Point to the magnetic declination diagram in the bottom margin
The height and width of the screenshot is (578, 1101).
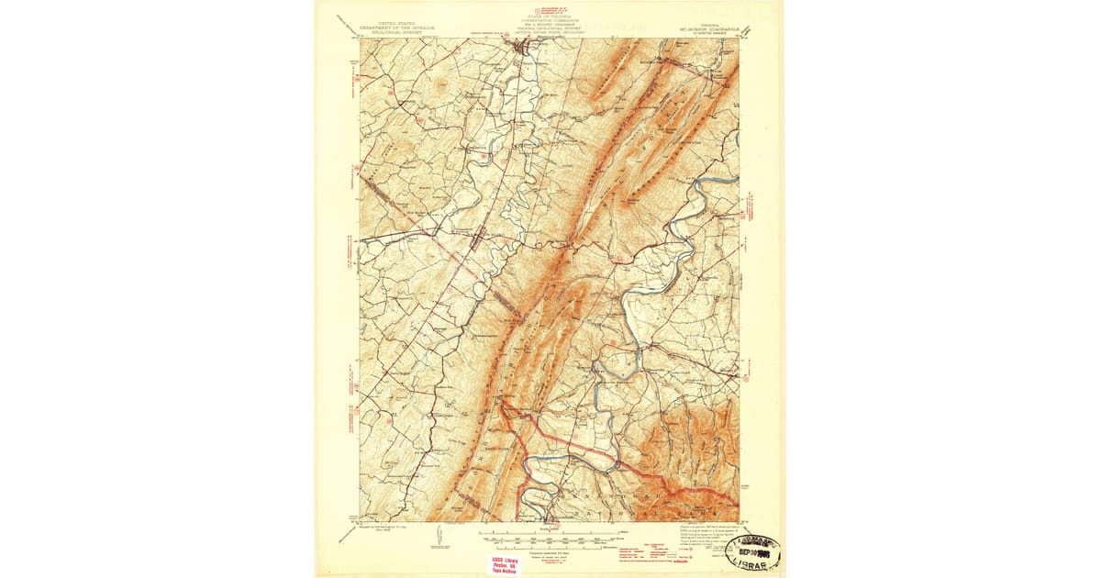point(439,535)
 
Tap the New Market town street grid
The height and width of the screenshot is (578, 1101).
point(478,240)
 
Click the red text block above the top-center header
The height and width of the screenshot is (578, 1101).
point(549,8)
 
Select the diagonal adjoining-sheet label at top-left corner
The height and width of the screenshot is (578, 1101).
point(345,23)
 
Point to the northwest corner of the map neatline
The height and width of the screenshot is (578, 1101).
point(360,39)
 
